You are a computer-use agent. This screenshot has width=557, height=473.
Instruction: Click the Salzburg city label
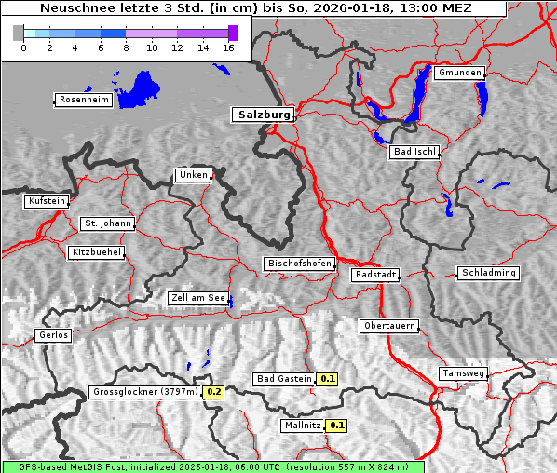pos(263,115)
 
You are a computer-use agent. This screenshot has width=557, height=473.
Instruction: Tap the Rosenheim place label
pos(83,100)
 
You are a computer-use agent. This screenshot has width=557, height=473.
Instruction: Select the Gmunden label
pos(459,73)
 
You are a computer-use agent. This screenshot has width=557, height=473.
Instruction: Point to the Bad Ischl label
pos(414,152)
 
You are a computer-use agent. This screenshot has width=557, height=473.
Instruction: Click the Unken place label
pos(193,175)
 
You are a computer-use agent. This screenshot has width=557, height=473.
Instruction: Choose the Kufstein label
pos(47,201)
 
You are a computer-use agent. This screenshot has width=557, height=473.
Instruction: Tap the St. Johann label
pos(107,223)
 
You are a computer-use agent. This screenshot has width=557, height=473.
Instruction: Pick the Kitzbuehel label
pos(96,252)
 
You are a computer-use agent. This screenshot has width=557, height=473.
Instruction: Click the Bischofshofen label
pos(299,264)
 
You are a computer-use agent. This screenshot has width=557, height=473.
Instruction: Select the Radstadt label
pos(375,275)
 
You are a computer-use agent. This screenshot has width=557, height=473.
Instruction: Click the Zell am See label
pos(198,299)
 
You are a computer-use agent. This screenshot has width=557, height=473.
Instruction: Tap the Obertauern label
pos(389,327)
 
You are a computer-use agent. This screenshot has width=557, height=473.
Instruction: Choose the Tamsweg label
pos(463,373)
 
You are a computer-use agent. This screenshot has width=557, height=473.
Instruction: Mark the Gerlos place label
pos(52,335)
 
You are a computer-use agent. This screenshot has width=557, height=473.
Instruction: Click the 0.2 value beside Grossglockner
pos(214,392)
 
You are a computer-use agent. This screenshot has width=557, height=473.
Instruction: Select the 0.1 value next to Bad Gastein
pos(327,379)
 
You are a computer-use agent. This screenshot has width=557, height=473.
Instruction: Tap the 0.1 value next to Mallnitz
pos(336,426)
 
